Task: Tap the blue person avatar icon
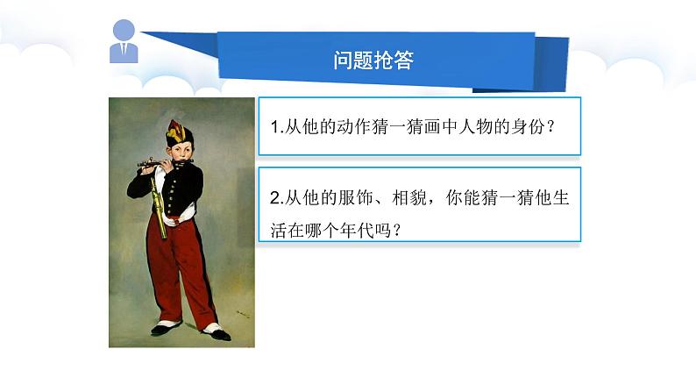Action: (124, 41)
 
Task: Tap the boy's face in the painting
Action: (181, 150)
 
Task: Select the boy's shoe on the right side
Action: (216, 331)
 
